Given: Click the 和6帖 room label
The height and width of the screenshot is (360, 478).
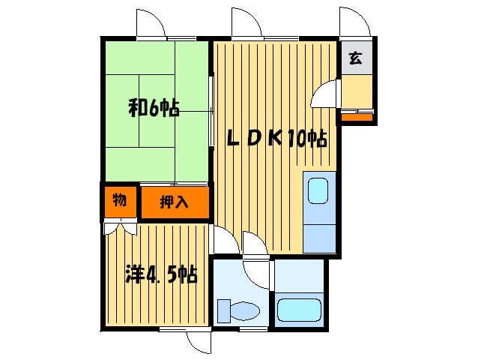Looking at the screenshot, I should (154, 109).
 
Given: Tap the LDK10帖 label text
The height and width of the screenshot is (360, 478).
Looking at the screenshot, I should (277, 138).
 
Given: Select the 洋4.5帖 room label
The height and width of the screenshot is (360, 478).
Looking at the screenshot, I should (160, 274).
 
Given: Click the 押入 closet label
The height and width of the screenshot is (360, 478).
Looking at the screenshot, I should (175, 202).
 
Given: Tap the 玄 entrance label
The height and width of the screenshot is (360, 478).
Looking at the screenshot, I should (355, 58).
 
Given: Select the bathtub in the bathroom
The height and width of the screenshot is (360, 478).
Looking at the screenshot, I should (298, 310).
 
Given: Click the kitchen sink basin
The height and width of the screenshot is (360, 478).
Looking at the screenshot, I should (318, 190).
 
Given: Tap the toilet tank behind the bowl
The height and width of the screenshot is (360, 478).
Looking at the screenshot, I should (223, 310).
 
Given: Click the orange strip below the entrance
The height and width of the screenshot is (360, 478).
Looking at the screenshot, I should (357, 115).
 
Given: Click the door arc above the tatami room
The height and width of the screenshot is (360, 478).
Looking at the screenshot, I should (151, 23).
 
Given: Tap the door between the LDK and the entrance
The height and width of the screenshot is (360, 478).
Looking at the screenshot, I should (325, 96).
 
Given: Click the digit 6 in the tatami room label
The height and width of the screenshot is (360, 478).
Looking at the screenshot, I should (154, 109).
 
